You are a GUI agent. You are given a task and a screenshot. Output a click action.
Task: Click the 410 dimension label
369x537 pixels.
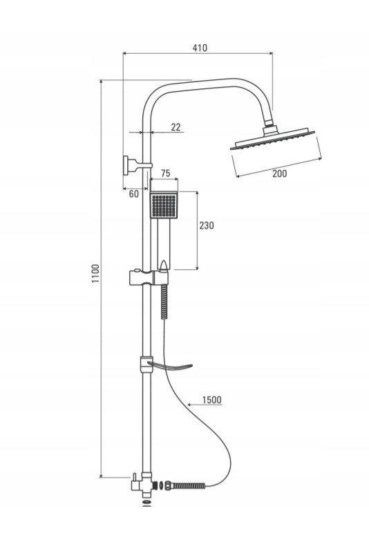coord(200,48)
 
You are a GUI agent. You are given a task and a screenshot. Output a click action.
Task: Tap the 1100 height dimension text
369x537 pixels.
coord(95,273)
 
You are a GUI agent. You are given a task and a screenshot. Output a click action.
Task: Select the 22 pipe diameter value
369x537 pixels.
coord(176,127)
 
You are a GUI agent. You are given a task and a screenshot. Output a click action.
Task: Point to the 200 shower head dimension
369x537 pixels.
coord(279,173)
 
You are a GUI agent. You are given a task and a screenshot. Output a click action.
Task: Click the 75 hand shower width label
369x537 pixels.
coord(165,173)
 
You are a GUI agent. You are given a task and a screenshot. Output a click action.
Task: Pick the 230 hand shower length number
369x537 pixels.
coord(207,225)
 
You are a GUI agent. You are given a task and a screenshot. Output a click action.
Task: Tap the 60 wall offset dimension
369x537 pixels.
coord(134,194)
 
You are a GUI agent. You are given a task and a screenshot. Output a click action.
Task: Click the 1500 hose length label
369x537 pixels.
coord(212,400)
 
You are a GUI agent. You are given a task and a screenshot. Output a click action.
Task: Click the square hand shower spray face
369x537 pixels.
coord(164,205)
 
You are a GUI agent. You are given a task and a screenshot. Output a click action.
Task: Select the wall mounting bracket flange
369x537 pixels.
coord(126,166)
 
